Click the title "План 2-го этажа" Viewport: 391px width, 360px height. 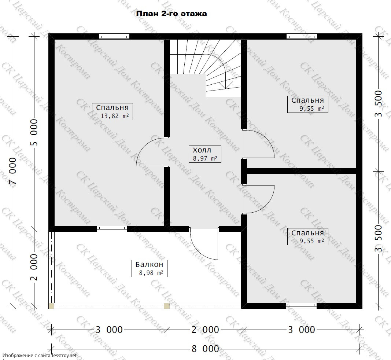(x=171, y=14)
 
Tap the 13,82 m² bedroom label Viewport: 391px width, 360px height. (x=112, y=111)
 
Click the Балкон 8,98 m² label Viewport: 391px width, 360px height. (x=150, y=268)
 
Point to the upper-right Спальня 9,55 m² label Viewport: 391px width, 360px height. (x=307, y=104)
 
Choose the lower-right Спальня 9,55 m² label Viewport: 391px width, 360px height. (x=307, y=237)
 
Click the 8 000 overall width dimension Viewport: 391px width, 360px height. (x=205, y=349)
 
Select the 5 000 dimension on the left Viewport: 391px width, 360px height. (x=34, y=132)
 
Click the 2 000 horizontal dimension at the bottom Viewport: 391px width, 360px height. (x=205, y=330)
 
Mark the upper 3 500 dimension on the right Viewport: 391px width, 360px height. (x=378, y=104)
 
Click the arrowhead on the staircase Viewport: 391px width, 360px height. (x=225, y=87)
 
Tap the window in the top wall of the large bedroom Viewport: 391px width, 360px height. (x=114, y=37)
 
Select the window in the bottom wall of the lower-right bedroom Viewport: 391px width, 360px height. (x=301, y=306)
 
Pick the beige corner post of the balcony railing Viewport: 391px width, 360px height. (x=51, y=306)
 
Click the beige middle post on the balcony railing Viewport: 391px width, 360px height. (x=167, y=306)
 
